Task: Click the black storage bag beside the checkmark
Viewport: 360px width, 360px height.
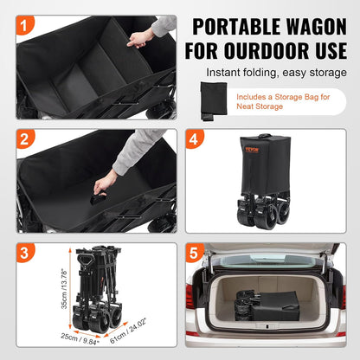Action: pos(211,100)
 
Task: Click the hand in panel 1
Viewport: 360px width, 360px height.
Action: pos(138,39)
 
